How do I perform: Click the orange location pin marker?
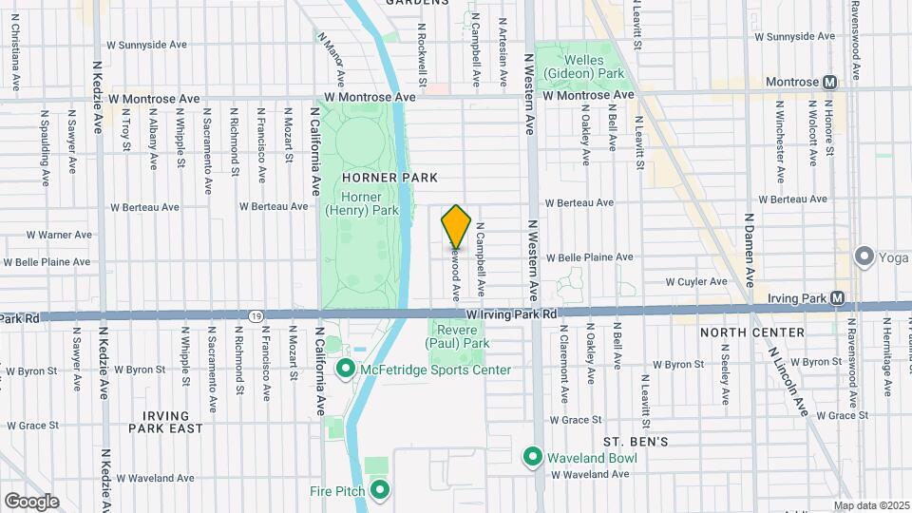(x=456, y=227)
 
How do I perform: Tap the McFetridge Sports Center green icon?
(x=345, y=369)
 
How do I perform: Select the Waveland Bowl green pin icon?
(x=533, y=457)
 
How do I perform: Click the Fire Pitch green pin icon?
(x=380, y=490)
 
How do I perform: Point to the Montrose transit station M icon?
(x=830, y=83)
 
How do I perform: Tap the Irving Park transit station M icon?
(x=837, y=297)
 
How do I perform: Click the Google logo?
(x=31, y=501)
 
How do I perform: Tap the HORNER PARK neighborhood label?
(x=376, y=178)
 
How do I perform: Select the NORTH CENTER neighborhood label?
(x=751, y=332)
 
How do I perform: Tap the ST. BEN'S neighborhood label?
(x=636, y=442)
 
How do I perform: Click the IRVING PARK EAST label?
(x=173, y=423)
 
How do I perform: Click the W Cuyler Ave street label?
(x=695, y=282)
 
